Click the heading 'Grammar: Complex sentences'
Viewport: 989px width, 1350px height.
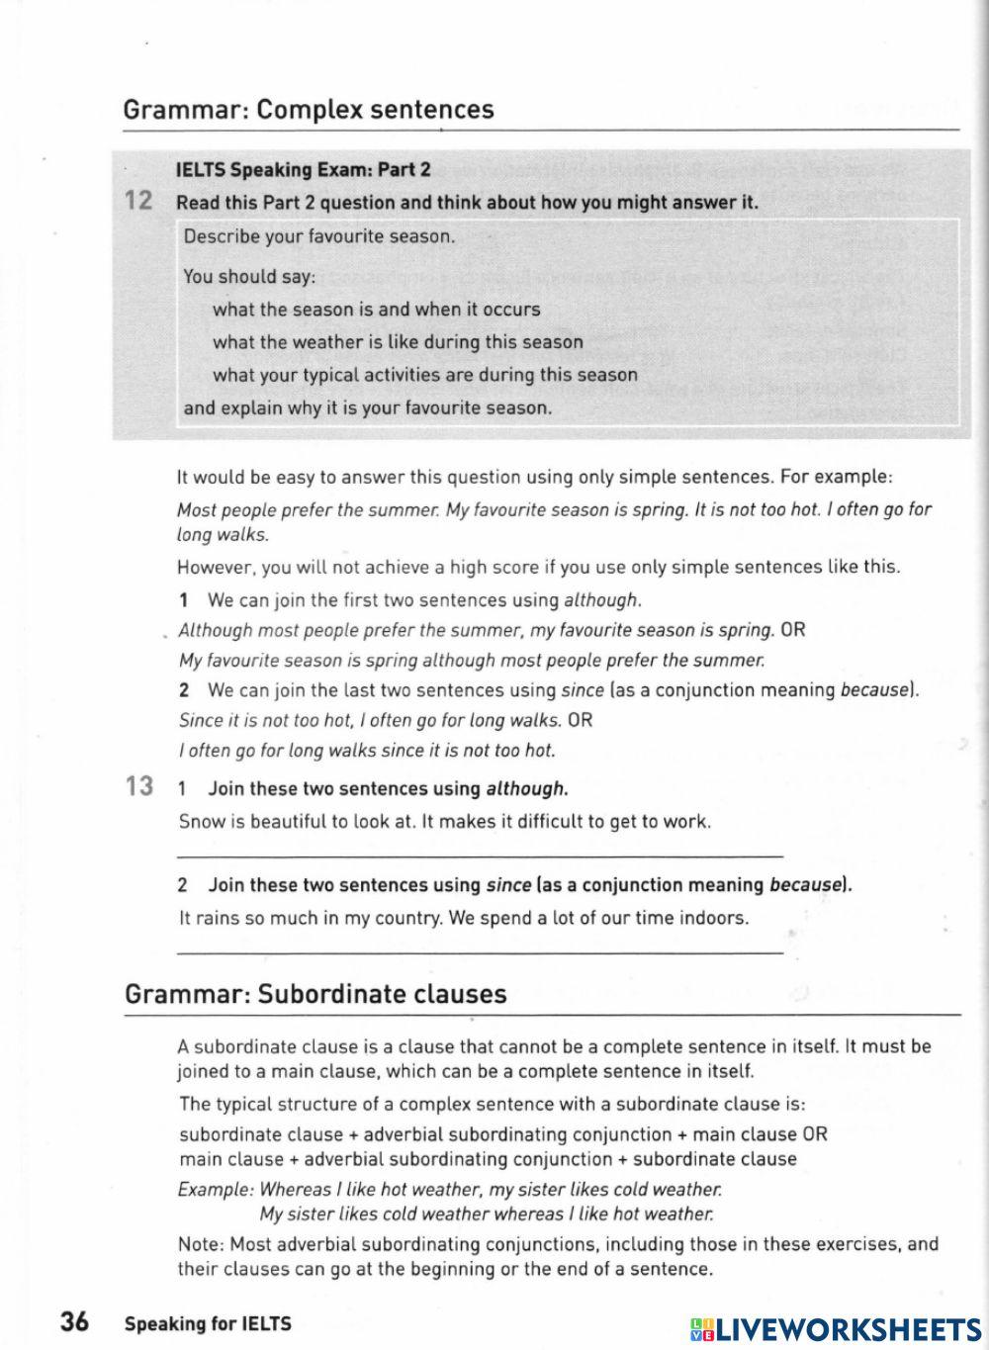click(308, 110)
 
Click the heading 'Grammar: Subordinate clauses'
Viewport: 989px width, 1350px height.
click(315, 994)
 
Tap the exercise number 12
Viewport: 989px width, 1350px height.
click(138, 202)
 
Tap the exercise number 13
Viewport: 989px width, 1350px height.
click(139, 787)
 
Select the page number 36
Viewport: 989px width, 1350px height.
click(74, 1322)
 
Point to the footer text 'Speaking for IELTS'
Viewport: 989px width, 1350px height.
click(208, 1324)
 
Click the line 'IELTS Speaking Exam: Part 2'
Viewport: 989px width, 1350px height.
click(303, 170)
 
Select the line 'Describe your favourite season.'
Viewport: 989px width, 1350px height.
click(319, 237)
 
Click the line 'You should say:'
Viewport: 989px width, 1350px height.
click(249, 277)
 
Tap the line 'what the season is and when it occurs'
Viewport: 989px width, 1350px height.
click(376, 310)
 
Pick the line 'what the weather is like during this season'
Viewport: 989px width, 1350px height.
click(398, 342)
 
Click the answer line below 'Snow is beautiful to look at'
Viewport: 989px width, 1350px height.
click(480, 853)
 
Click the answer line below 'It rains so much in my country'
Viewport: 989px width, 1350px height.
click(480, 950)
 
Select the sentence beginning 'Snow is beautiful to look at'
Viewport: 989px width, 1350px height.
click(445, 822)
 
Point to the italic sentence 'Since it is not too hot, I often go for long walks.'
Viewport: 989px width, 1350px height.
click(370, 721)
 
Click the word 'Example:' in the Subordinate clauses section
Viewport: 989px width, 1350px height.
click(216, 1190)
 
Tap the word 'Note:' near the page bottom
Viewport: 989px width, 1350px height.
click(201, 1244)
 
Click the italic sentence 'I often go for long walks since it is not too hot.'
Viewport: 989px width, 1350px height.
click(367, 751)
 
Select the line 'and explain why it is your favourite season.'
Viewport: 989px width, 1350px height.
click(368, 408)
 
